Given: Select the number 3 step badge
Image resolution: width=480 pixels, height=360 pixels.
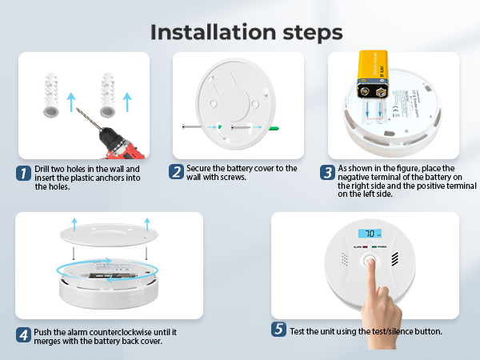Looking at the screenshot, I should [327, 172].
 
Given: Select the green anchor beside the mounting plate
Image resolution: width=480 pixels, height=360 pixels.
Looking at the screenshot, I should [273, 129].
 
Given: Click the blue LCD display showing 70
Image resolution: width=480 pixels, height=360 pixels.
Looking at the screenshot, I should [370, 234].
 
